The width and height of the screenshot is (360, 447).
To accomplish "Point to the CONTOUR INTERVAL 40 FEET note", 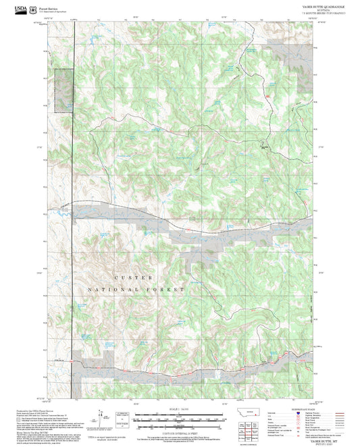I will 180,432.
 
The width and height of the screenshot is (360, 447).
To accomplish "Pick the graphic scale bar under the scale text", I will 180,419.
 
